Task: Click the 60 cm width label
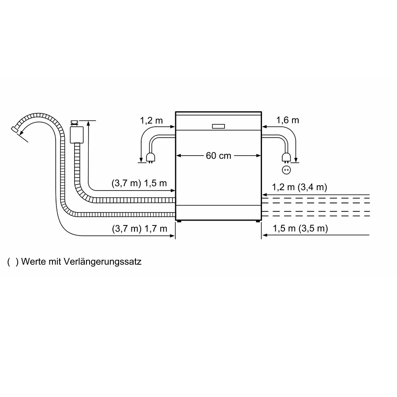click(x=218, y=155)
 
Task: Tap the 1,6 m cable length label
click(x=287, y=120)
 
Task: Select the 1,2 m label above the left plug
click(x=151, y=120)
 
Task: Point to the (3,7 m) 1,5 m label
click(x=139, y=183)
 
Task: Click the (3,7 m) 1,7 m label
click(x=139, y=228)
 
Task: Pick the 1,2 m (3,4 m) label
click(x=300, y=187)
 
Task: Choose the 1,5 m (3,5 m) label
click(x=300, y=228)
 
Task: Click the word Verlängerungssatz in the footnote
click(x=102, y=261)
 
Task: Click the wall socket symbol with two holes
click(x=286, y=170)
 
